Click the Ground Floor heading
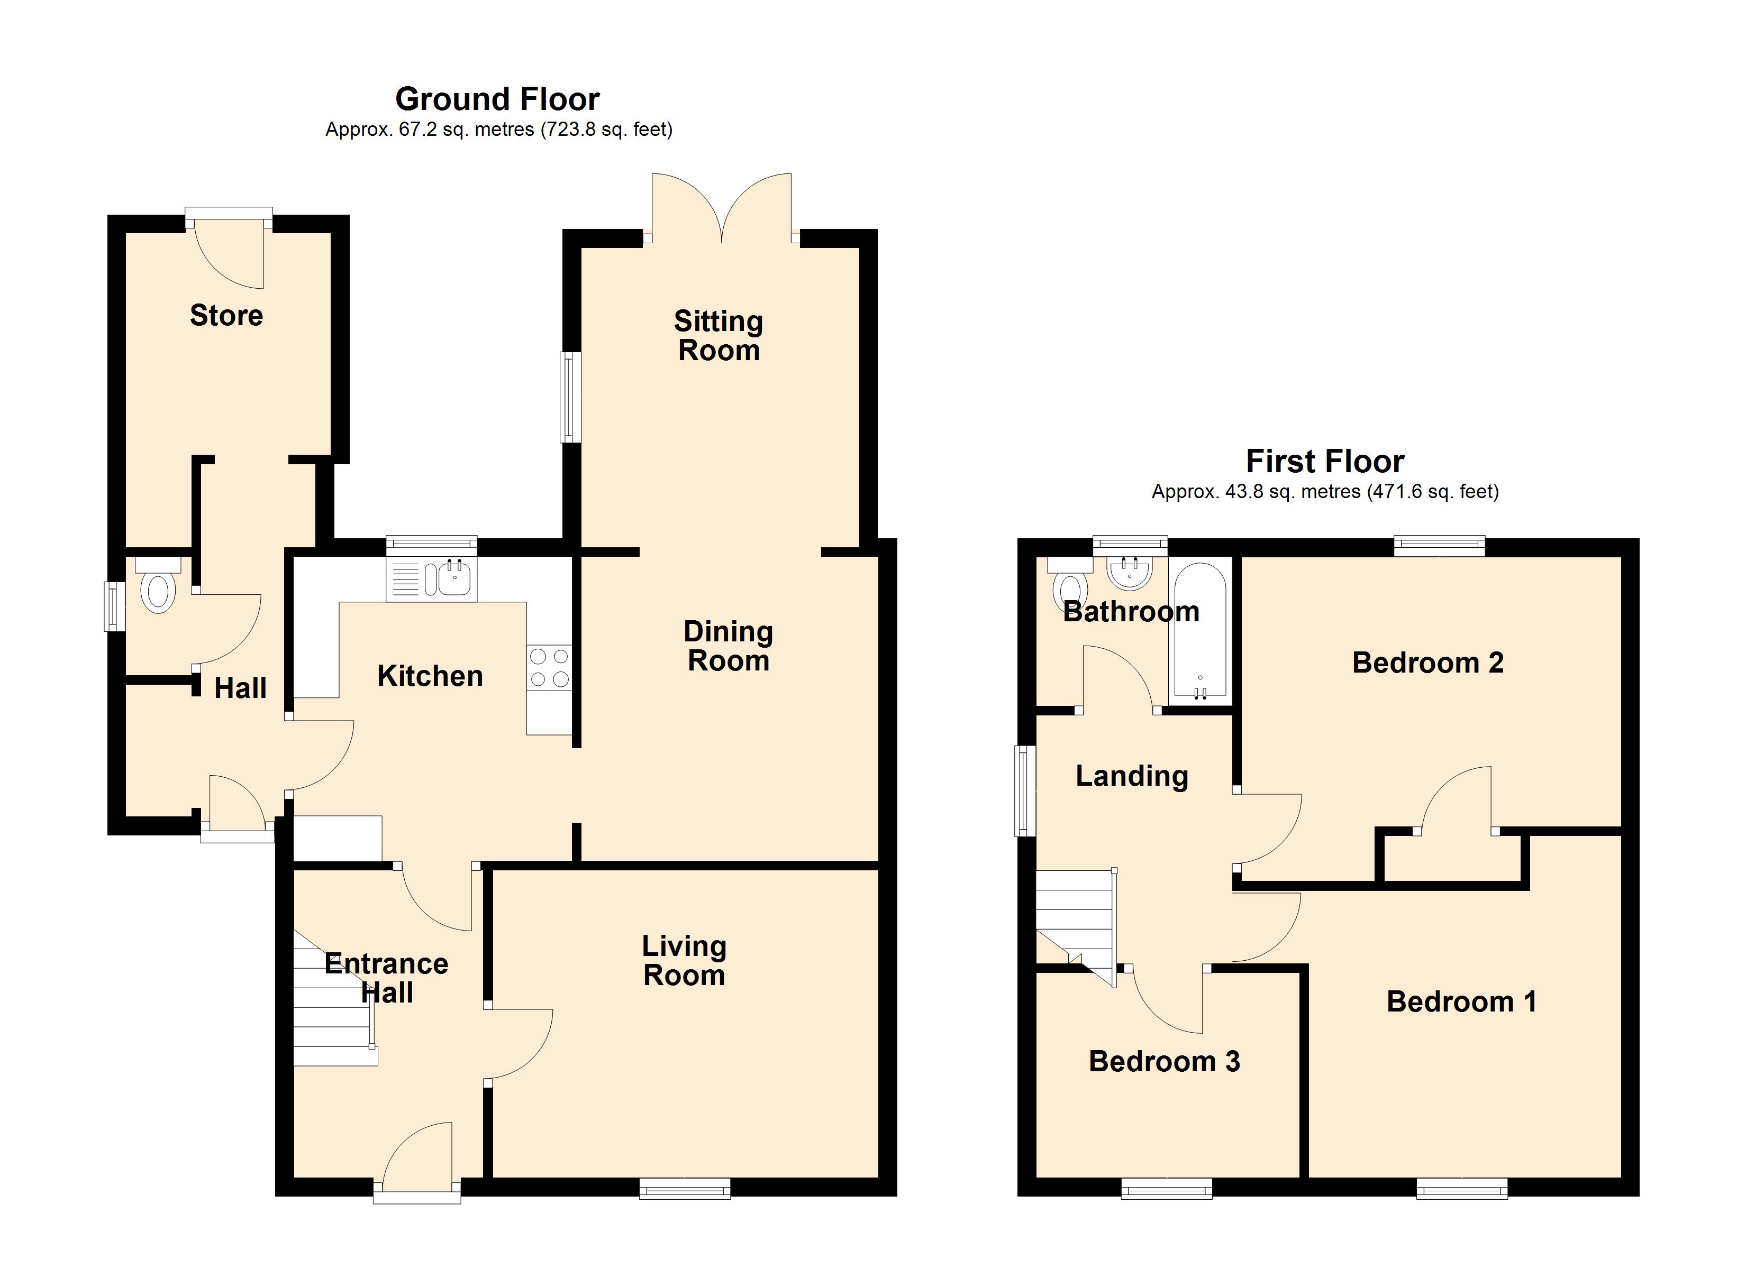point(497,99)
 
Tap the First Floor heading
point(1325,461)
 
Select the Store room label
point(226,316)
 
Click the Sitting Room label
point(719,336)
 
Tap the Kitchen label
point(430,676)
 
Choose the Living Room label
point(685,960)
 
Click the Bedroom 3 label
point(1164,1061)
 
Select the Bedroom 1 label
point(1461,1001)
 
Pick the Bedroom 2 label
point(1428,663)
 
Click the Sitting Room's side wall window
point(570,397)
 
